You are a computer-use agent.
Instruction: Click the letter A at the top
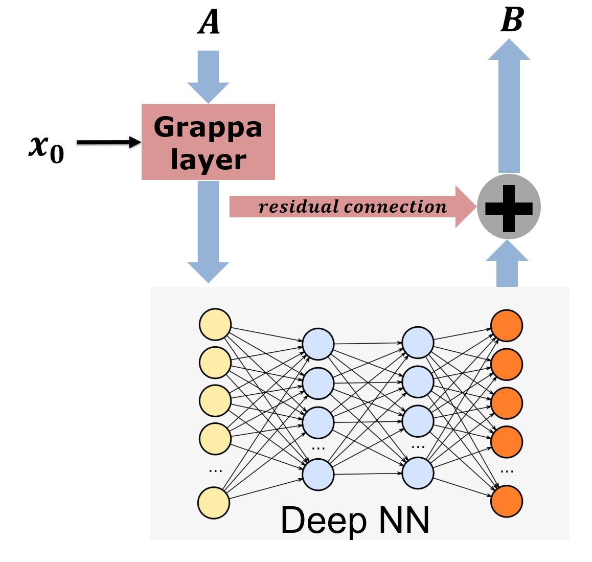tap(209, 23)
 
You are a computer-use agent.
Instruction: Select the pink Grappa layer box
tap(208, 142)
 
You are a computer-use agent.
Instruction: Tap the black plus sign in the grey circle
tap(509, 207)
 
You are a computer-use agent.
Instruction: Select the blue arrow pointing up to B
tap(509, 107)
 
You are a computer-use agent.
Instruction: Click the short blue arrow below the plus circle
tap(507, 265)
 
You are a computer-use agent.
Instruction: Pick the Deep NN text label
tap(355, 521)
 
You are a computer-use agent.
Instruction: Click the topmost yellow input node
tap(215, 324)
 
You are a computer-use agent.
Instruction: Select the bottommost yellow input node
tap(214, 503)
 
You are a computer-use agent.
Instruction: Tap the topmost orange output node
tap(507, 326)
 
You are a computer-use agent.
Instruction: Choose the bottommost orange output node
tap(507, 501)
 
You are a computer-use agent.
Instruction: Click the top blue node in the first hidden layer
tap(318, 344)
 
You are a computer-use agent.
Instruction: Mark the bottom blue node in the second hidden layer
tap(418, 473)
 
